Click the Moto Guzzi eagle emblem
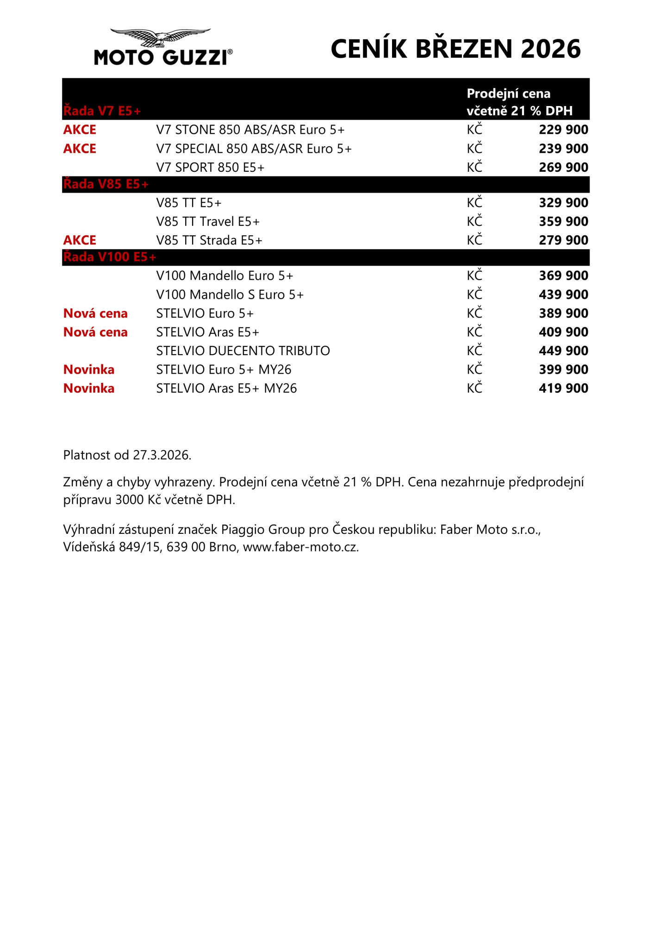(160, 37)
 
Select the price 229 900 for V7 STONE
(563, 130)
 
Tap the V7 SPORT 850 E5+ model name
(210, 167)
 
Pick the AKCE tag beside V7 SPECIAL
(80, 149)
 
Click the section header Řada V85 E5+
(106, 184)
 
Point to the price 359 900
(563, 221)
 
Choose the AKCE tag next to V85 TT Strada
(80, 240)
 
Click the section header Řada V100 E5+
(110, 257)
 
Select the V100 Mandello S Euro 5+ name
(230, 294)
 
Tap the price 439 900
(563, 294)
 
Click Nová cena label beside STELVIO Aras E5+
(95, 332)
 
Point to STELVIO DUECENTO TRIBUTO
(243, 351)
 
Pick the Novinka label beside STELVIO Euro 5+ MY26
(89, 369)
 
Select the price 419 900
(563, 388)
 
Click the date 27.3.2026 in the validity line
(162, 455)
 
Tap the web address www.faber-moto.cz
(300, 547)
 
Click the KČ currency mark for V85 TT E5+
(474, 203)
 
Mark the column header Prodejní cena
(508, 94)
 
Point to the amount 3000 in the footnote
(130, 500)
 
